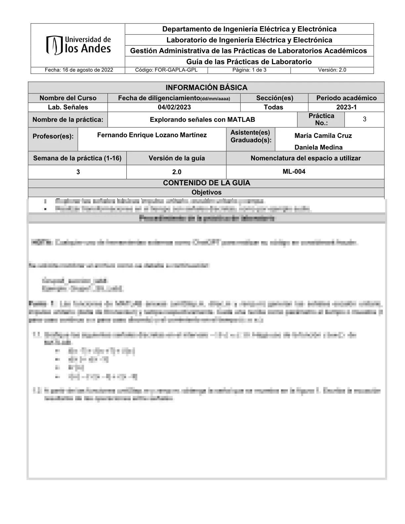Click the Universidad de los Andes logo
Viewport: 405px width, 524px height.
78,45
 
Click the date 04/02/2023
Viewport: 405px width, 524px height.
174,107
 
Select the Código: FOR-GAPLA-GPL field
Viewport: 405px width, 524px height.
166,70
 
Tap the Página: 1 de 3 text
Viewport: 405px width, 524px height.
249,70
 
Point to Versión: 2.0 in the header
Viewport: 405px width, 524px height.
332,70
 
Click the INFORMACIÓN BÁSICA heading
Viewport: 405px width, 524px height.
206,88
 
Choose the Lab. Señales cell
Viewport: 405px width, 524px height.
68,107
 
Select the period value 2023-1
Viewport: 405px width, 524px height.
346,107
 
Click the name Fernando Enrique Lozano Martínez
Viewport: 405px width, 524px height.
152,135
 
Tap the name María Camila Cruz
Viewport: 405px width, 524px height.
323,136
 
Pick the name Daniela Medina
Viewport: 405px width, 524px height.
318,147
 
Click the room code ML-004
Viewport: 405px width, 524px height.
294,171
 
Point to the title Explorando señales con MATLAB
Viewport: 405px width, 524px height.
202,120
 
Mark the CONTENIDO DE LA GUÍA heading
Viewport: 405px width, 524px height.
206,183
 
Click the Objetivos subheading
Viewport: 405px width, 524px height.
206,192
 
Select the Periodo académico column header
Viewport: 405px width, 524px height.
346,98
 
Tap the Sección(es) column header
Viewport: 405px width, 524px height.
274,98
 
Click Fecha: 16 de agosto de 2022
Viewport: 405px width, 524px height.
79,70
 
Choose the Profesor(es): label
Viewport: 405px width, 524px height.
53,136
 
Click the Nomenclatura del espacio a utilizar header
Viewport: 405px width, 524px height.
305,158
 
